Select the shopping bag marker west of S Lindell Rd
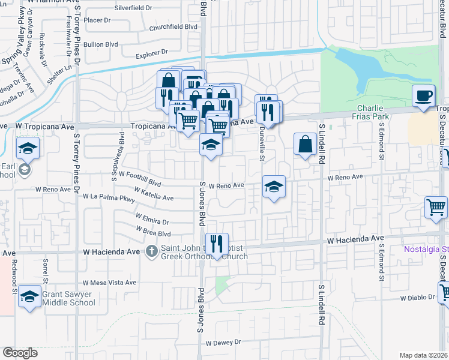click(305, 144)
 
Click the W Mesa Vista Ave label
click(109, 282)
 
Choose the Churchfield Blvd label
click(173, 26)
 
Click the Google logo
click(20, 352)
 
